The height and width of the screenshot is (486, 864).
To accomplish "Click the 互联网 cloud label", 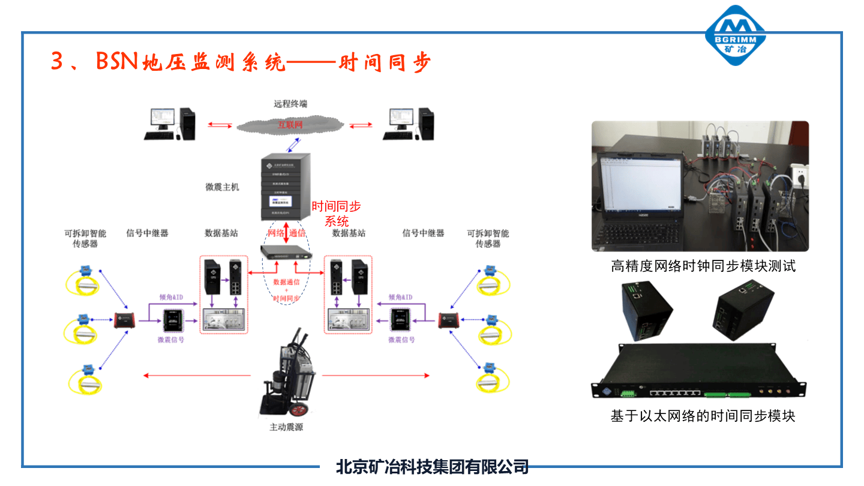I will coord(290,125).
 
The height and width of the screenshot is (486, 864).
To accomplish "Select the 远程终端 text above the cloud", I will coord(290,104).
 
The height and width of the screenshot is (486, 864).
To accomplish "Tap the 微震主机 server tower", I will coord(284,187).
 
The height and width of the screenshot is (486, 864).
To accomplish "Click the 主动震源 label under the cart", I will coord(286,428).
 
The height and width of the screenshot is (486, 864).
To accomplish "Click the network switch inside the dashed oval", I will coord(286,251).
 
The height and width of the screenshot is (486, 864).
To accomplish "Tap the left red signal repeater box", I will coord(125,320).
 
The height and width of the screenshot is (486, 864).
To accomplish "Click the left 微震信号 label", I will coord(170,340).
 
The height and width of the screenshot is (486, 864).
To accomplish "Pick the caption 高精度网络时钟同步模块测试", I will coord(703,266).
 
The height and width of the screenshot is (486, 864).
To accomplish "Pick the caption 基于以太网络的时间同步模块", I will coord(703,416).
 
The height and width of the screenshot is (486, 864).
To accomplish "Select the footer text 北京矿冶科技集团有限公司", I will coord(432,466).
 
